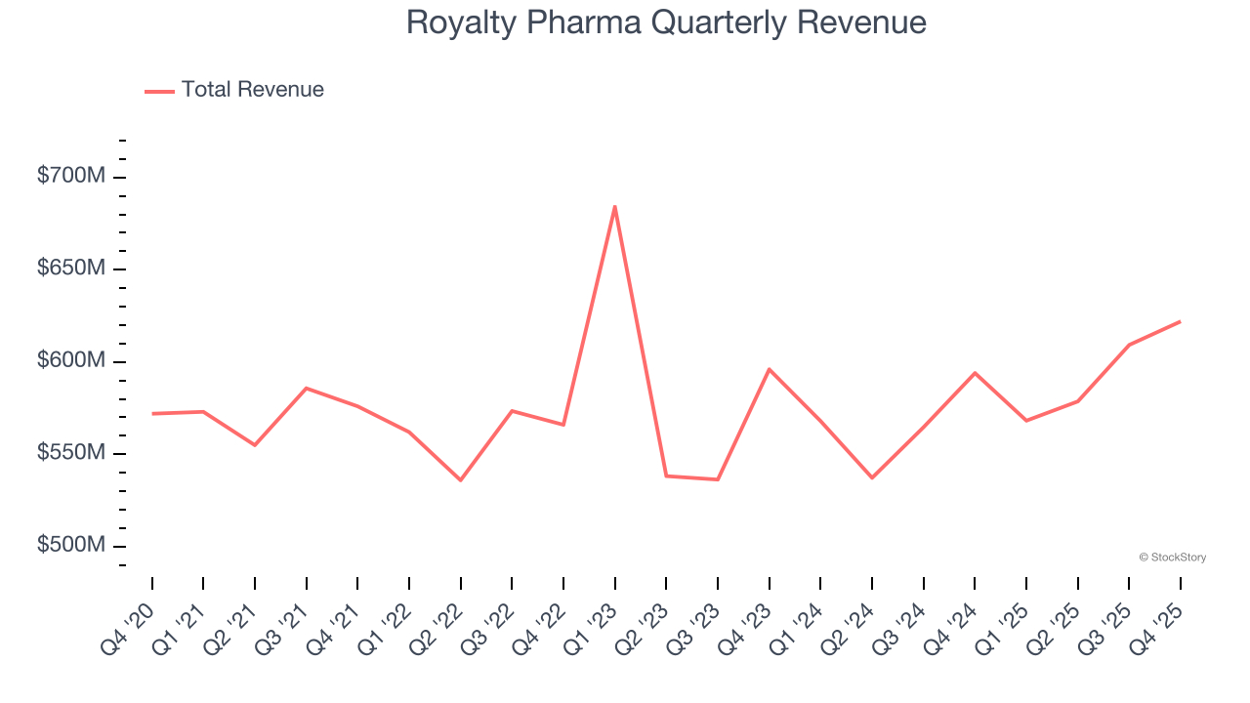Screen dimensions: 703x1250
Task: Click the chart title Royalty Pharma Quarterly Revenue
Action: pyautogui.click(x=666, y=22)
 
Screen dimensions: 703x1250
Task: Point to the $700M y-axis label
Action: pyautogui.click(x=70, y=177)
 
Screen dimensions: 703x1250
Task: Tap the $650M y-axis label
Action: pyautogui.click(x=70, y=269)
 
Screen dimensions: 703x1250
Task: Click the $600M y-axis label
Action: pyautogui.click(x=70, y=361)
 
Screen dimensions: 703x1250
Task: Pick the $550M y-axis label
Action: pyautogui.click(x=70, y=453)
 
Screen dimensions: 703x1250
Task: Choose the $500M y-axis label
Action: pyautogui.click(x=70, y=545)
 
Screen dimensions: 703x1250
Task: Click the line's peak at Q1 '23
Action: pyautogui.click(x=614, y=206)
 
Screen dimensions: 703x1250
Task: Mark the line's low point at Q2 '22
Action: pyautogui.click(x=460, y=480)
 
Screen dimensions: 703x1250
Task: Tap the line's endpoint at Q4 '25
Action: pyautogui.click(x=1180, y=321)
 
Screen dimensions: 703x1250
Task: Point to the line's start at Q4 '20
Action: pyautogui.click(x=152, y=414)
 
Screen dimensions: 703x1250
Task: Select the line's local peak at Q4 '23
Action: pyautogui.click(x=769, y=369)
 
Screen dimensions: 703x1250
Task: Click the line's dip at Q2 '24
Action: pyautogui.click(x=871, y=478)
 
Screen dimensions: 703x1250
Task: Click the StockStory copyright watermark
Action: pyautogui.click(x=1172, y=558)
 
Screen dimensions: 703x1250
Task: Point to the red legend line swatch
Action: pyautogui.click(x=159, y=91)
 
